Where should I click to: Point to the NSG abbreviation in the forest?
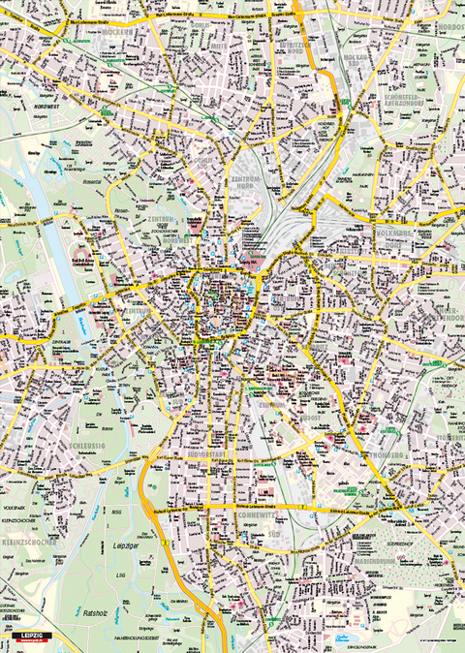point(117,511)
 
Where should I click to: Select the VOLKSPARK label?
point(15,506)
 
